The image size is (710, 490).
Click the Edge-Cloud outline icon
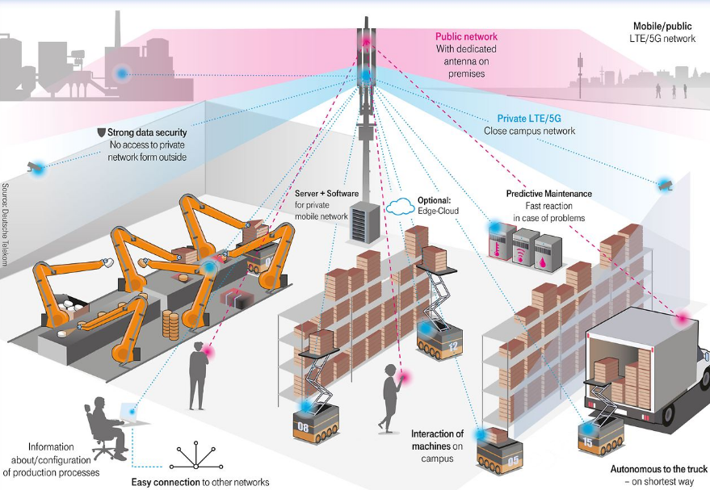pyautogui.click(x=401, y=207)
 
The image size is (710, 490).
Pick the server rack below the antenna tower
pyautogui.click(x=362, y=223)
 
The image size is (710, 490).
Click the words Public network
pyautogui.click(x=466, y=36)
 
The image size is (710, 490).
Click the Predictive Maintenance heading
pyautogui.click(x=548, y=194)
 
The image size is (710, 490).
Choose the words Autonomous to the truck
pyautogui.click(x=659, y=469)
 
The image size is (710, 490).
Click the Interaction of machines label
pyautogui.click(x=437, y=441)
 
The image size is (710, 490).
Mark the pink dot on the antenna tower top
pyautogui.click(x=366, y=40)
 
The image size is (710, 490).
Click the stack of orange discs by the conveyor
pyautogui.click(x=170, y=325)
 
